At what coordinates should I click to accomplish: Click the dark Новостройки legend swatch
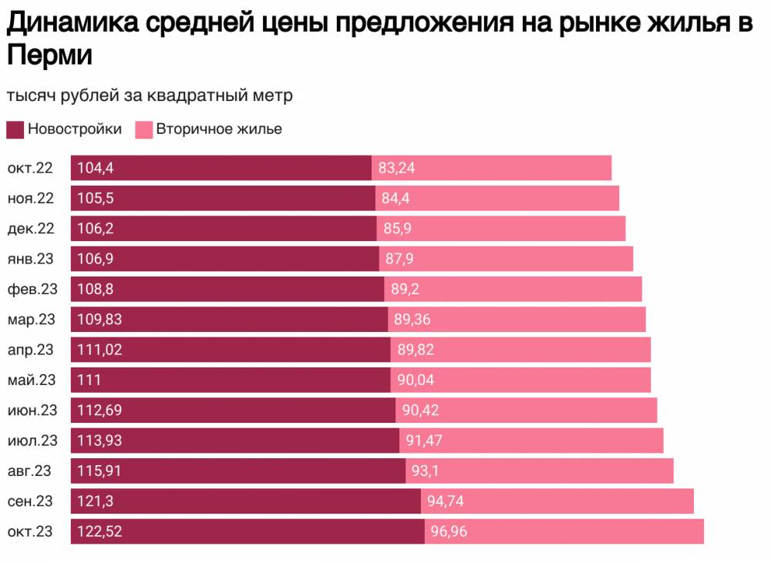click(x=15, y=129)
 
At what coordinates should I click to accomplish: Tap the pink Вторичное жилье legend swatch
click(x=144, y=129)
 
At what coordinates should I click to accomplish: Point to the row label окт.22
click(x=31, y=168)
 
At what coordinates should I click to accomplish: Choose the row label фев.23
click(x=32, y=289)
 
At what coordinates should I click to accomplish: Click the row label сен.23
click(x=31, y=501)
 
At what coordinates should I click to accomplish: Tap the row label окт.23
click(x=31, y=531)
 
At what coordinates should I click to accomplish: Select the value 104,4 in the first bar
click(x=96, y=168)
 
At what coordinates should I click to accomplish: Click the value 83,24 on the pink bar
click(x=397, y=168)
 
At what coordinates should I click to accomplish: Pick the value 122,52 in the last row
click(x=99, y=531)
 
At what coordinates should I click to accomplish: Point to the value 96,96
click(x=447, y=531)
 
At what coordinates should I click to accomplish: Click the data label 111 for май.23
click(x=89, y=380)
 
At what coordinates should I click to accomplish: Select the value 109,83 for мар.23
click(x=99, y=320)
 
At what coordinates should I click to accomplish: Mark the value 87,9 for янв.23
click(x=399, y=259)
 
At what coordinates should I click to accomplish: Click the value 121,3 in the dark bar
click(x=96, y=501)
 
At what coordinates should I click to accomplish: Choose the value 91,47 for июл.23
click(x=424, y=441)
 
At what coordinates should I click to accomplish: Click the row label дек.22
click(x=31, y=229)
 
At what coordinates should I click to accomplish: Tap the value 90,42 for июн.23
click(x=420, y=411)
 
